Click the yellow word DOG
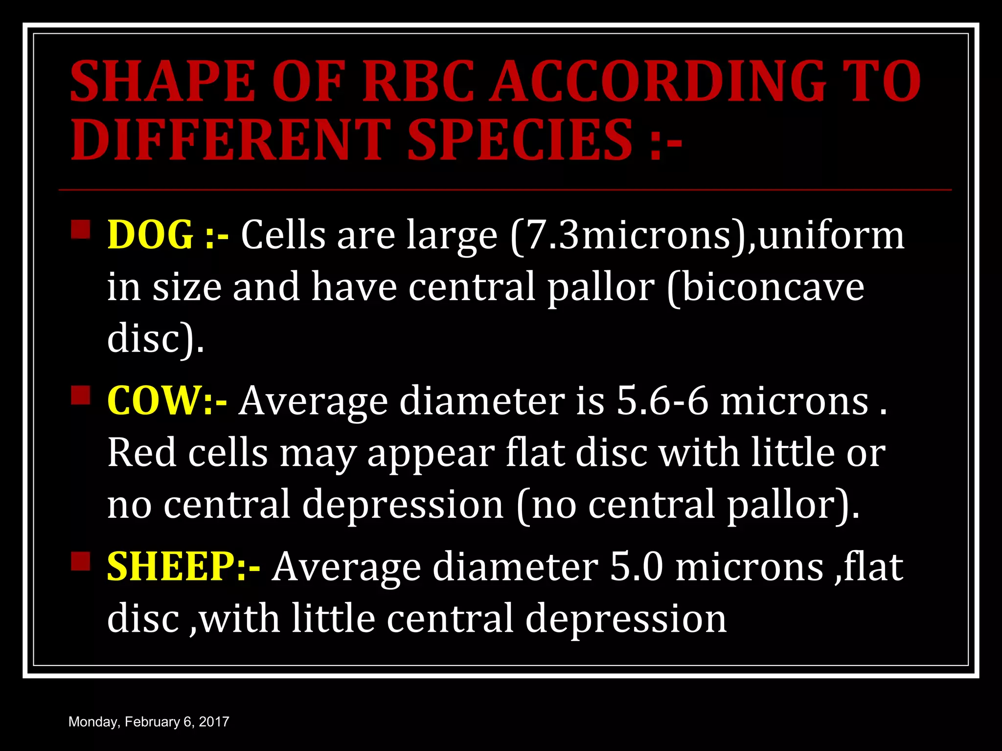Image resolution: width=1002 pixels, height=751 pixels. pos(150,235)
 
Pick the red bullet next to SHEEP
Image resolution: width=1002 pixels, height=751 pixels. pos(81,561)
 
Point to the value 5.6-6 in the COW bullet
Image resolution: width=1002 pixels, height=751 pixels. pos(662,400)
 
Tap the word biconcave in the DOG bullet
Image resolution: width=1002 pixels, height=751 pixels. pos(773,287)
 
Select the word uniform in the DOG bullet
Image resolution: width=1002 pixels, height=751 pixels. pos(831,235)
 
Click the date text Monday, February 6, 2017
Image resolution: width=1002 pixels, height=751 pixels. pos(149,722)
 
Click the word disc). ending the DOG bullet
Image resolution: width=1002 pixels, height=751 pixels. pos(156,338)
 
